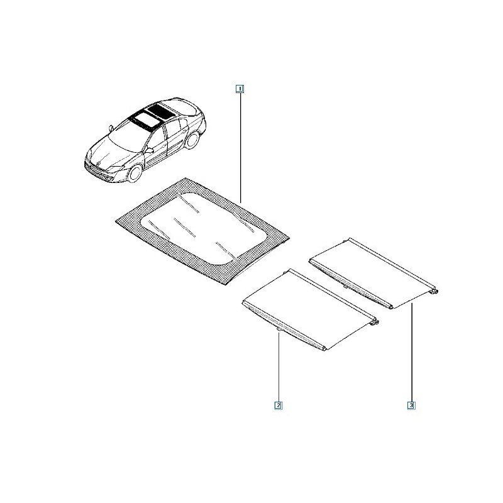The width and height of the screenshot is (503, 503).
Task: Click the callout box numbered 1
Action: click(240, 89)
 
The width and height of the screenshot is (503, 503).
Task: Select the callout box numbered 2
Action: click(278, 405)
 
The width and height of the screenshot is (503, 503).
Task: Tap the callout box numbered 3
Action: click(411, 405)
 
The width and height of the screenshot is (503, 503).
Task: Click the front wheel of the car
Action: click(135, 172)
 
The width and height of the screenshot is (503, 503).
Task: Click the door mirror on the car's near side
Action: click(149, 150)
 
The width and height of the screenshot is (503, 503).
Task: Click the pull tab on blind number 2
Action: click(279, 329)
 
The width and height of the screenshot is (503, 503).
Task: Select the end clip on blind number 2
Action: click(374, 322)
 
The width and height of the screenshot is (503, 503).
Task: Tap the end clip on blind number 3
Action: click(434, 291)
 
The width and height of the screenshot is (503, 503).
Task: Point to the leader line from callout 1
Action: click(240, 148)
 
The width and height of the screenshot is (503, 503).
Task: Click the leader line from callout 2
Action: click(279, 367)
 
